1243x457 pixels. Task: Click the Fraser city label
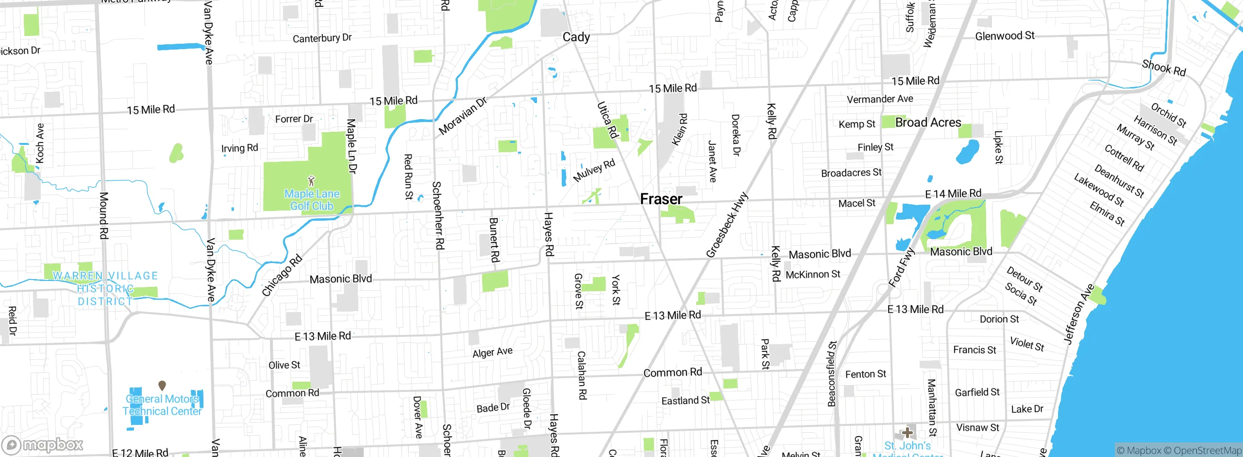661,199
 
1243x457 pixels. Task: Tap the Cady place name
576,37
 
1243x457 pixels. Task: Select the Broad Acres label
928,123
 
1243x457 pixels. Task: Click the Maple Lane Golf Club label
312,200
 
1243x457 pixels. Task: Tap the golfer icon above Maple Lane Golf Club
312,181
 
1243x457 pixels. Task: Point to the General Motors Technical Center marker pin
162,386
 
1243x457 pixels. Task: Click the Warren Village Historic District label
105,288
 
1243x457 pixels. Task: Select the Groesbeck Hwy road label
727,225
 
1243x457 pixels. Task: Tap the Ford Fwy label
902,267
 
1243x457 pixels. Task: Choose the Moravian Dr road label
462,116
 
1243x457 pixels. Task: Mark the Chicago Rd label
282,275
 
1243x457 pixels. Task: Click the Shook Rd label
1163,68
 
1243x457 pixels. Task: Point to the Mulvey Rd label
594,170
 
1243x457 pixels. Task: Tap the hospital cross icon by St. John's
907,432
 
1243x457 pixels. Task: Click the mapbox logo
43,445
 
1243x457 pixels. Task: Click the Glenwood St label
1005,35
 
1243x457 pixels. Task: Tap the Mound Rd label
103,215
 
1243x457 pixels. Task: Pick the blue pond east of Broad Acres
968,151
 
